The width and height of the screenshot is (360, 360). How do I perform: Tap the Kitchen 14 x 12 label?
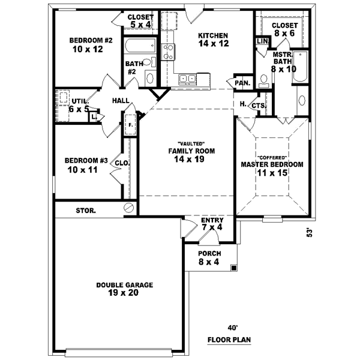pyautogui.click(x=214, y=40)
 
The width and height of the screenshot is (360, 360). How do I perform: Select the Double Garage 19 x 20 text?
pyautogui.click(x=125, y=290)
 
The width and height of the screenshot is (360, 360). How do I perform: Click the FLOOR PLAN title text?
pyautogui.click(x=229, y=340)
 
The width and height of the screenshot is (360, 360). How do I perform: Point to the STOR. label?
pyautogui.click(x=86, y=211)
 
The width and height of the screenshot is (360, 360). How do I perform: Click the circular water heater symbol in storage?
pyautogui.click(x=128, y=208)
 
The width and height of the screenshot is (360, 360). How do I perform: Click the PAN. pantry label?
pyautogui.click(x=243, y=83)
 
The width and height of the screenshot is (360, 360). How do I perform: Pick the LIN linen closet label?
pyautogui.click(x=262, y=41)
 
